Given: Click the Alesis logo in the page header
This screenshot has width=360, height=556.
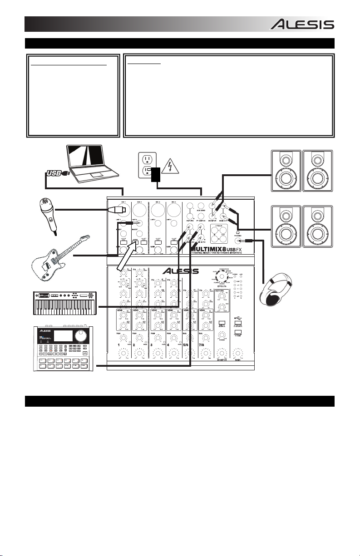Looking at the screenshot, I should pyautogui.click(x=302, y=24).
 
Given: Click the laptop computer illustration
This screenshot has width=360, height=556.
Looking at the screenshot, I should pyautogui.click(x=92, y=161).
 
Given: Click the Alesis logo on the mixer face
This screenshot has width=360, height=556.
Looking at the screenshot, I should pyautogui.click(x=181, y=271).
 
